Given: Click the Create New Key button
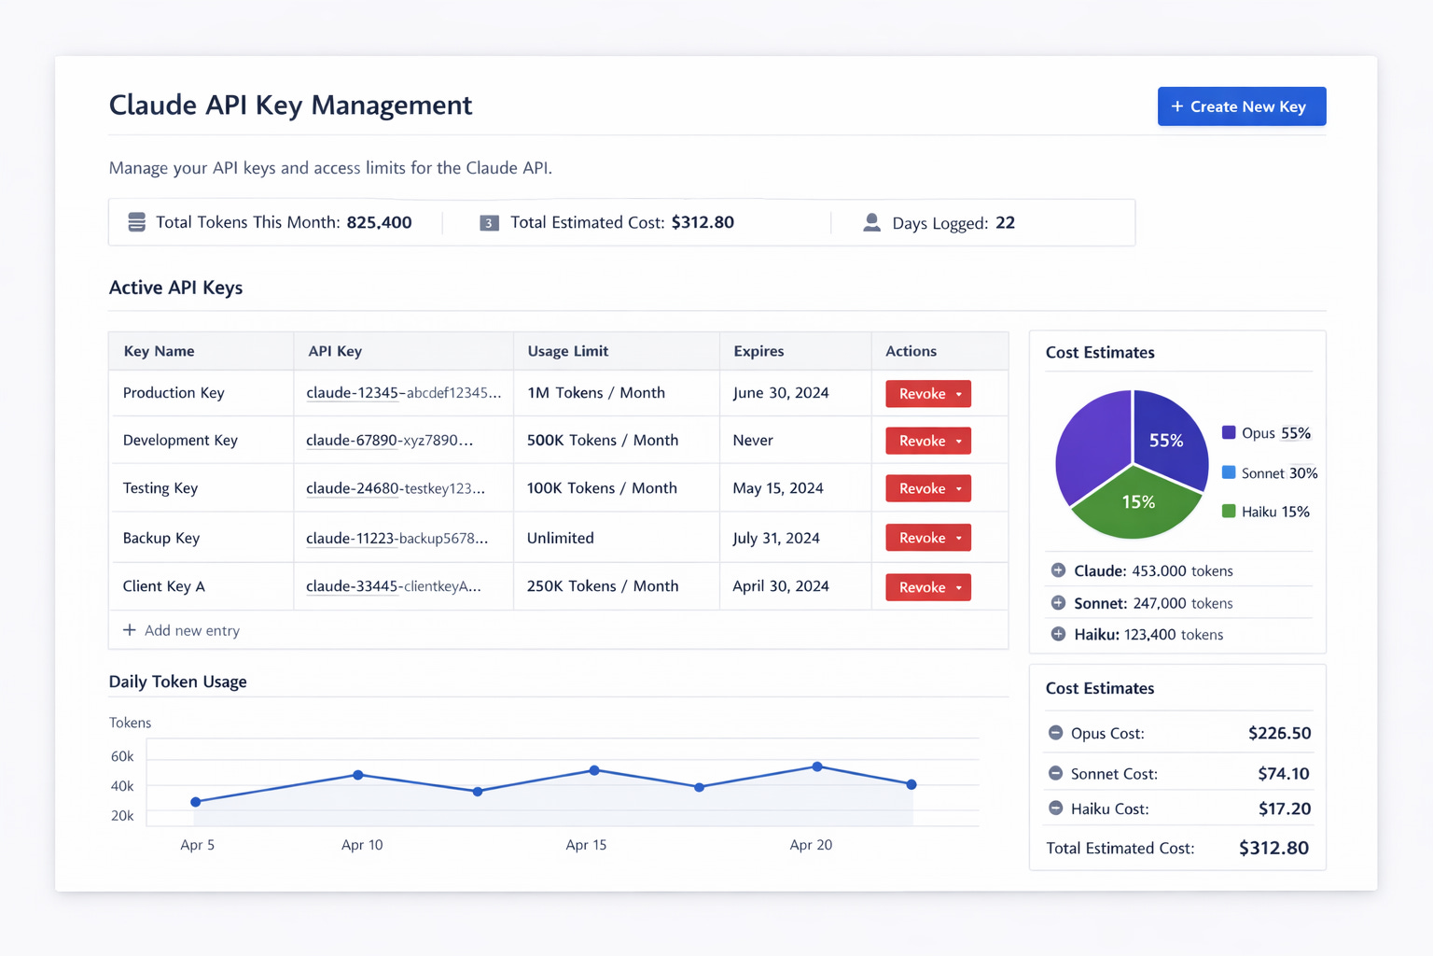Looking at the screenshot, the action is pyautogui.click(x=1241, y=106).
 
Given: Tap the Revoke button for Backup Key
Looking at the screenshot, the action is pyautogui.click(x=927, y=537).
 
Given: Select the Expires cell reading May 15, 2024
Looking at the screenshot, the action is pyautogui.click(x=777, y=488).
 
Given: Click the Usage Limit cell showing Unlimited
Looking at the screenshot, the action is pyautogui.click(x=560, y=538).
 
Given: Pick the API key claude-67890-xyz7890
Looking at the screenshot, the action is pyautogui.click(x=389, y=440).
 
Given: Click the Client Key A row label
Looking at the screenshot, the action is pyautogui.click(x=164, y=586).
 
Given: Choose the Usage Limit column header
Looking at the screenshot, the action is pyautogui.click(x=567, y=351).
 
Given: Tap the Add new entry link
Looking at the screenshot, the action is pyautogui.click(x=181, y=630).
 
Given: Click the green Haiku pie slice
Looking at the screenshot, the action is pyautogui.click(x=1136, y=506).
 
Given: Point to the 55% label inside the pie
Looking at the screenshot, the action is pyautogui.click(x=1165, y=441).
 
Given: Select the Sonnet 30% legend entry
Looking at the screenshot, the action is pyautogui.click(x=1269, y=473).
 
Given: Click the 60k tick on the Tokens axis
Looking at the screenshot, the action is pyautogui.click(x=122, y=756).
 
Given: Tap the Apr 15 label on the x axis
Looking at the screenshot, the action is pyautogui.click(x=585, y=845).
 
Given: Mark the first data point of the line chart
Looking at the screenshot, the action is pyautogui.click(x=196, y=802).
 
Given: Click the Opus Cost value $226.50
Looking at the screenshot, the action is pyautogui.click(x=1279, y=733).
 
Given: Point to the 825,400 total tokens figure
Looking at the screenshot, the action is pyautogui.click(x=379, y=222).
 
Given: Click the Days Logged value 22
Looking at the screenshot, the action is pyautogui.click(x=1005, y=222).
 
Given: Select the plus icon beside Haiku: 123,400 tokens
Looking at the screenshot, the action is pyautogui.click(x=1058, y=634).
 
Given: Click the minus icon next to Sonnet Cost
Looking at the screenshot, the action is pyautogui.click(x=1055, y=773).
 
